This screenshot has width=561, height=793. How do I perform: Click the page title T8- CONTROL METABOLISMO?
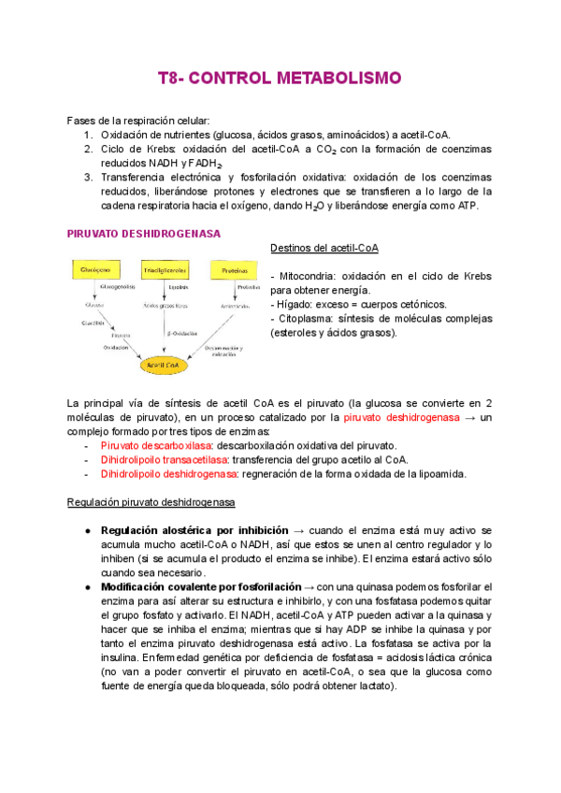[280, 77]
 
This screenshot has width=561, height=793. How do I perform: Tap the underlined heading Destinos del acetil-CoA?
[324, 248]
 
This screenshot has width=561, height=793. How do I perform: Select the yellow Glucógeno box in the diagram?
[94, 268]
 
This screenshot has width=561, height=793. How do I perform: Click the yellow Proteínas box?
[235, 268]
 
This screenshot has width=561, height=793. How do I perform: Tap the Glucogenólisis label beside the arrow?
[119, 287]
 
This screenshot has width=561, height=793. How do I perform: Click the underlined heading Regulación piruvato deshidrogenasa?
[151, 502]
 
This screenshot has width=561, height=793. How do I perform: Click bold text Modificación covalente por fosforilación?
[200, 586]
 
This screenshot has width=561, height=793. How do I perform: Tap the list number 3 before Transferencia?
[87, 177]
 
